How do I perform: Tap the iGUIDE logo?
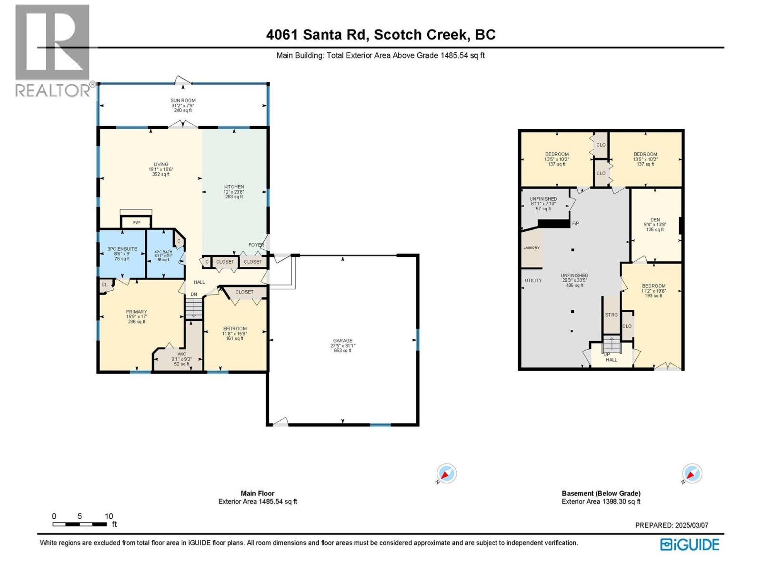(x=690, y=544)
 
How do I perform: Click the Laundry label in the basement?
(x=531, y=248)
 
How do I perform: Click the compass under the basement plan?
(x=692, y=474)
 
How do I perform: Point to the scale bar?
(x=80, y=524)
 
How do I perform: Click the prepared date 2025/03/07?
(x=672, y=525)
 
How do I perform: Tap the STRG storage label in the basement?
(x=611, y=315)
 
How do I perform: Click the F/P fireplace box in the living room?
(x=136, y=222)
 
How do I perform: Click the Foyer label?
(x=256, y=245)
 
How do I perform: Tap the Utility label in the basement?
(x=533, y=280)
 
